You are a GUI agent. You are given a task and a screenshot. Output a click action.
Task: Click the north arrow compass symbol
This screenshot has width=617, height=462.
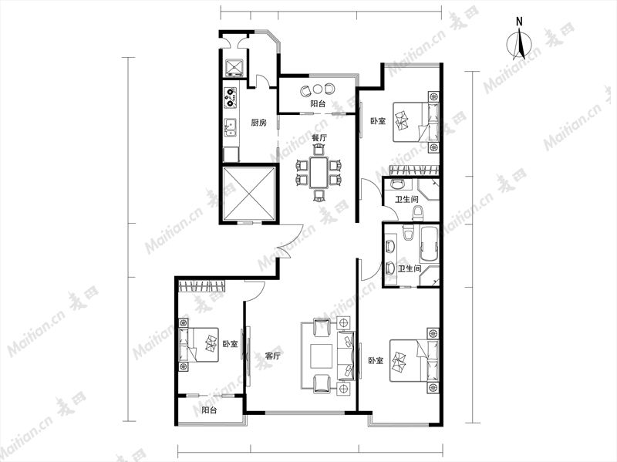pos(519,42)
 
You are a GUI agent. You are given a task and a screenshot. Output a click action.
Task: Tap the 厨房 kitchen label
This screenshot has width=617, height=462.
pos(259,123)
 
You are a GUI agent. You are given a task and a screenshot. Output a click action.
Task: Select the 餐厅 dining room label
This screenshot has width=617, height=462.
pos(319,139)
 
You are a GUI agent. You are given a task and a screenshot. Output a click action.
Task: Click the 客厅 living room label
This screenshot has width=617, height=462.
pos(273,356)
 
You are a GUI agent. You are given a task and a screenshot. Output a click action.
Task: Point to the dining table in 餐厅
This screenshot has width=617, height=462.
pos(319,172)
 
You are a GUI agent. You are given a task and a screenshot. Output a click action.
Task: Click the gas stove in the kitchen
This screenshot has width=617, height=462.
pos(231,98)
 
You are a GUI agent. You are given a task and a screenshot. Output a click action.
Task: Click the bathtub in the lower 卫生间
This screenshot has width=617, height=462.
pos(430,244)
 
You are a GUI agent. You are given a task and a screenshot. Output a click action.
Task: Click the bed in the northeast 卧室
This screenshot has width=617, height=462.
pos(416,122)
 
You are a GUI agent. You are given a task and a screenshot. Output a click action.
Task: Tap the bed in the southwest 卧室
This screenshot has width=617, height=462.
pos(198,345)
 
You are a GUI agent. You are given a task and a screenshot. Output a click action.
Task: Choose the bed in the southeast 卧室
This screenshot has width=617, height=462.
pos(413,361)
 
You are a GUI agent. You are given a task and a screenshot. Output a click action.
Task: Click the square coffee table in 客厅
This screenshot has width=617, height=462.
pos(322,356)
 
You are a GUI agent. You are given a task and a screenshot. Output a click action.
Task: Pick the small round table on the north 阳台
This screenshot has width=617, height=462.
pos(318,89)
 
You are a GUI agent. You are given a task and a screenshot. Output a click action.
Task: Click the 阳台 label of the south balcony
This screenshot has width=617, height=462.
pos(209,410)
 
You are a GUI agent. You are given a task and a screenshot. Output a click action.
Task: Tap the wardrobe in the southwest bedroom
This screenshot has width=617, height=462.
pos(203,286)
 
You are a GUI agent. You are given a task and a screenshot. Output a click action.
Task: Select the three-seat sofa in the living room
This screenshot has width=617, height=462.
pos(346,356)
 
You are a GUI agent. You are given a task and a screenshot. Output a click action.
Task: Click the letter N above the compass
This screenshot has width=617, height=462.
pos(519,22)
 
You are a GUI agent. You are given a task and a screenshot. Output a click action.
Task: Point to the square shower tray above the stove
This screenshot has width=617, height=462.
pos(234,67)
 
